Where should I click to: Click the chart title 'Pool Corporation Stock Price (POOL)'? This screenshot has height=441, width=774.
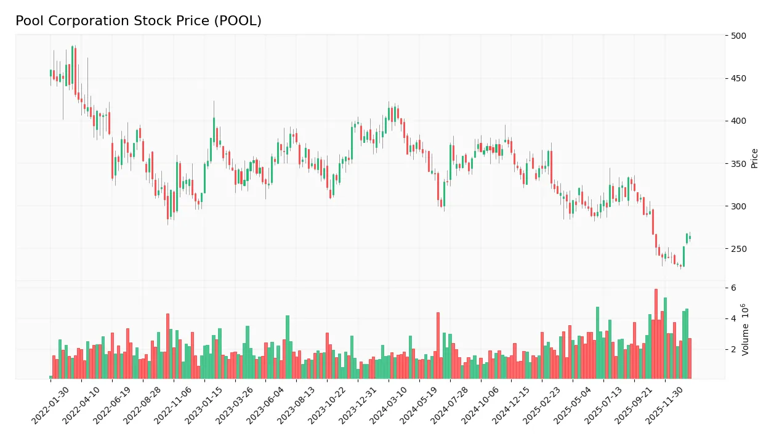click(x=139, y=21)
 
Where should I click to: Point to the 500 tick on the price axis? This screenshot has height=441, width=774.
click(x=739, y=36)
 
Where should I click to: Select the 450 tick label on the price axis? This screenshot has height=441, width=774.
click(x=739, y=78)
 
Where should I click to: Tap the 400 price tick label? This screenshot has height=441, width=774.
click(x=739, y=121)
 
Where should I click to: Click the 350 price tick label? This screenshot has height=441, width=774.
click(x=739, y=164)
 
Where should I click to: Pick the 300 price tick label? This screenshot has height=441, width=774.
click(x=739, y=206)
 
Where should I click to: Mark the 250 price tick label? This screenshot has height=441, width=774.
click(x=739, y=249)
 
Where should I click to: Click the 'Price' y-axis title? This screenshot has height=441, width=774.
click(x=755, y=158)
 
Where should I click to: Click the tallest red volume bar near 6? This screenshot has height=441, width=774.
click(x=656, y=334)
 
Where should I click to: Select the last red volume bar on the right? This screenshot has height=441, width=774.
click(x=690, y=358)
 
